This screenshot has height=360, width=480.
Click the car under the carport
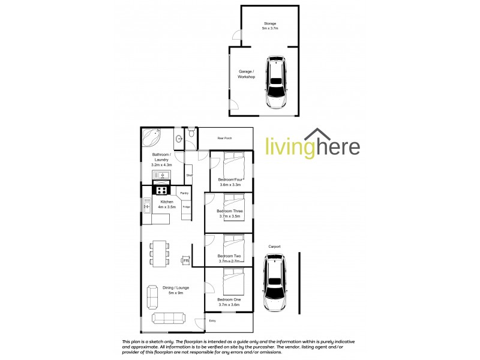[x=275, y=282]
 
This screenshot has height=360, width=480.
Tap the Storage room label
[x=269, y=23]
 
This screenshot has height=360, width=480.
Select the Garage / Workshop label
[x=246, y=74]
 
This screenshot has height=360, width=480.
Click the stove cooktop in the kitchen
[x=162, y=190]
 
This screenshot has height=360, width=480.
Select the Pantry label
[x=184, y=193]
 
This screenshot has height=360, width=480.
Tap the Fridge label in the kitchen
[x=187, y=207]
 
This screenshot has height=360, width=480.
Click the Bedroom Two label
[x=229, y=256]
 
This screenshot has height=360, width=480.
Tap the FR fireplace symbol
[x=186, y=261]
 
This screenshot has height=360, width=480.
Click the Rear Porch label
[x=224, y=139]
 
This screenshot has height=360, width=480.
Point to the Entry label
[x=212, y=321]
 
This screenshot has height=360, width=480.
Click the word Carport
[x=275, y=246]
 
